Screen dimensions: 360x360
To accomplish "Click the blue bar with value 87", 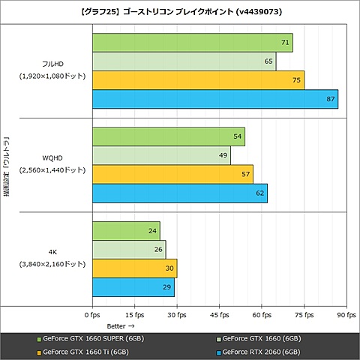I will coord(214,99).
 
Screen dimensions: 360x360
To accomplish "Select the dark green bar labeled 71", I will coord(192,43).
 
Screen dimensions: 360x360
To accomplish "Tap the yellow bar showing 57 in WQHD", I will coord(172,174).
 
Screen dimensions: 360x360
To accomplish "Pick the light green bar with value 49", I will coord(161,155).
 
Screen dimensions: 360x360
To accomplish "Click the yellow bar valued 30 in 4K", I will coord(134,268).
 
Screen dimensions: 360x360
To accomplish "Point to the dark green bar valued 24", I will coord(126,231).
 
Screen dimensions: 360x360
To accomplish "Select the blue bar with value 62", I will coord(179,193).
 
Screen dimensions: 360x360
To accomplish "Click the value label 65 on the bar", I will coord(268,61).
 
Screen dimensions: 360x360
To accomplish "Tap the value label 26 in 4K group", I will coord(158,250).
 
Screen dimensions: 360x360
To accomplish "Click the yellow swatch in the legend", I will coord(39,351).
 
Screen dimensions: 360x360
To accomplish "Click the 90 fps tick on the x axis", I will coord(346,315).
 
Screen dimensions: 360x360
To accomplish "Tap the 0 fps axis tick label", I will coord(92,315).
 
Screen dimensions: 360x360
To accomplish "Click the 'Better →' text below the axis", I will coord(120,326).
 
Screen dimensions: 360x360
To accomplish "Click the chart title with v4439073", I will coord(180,11).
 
